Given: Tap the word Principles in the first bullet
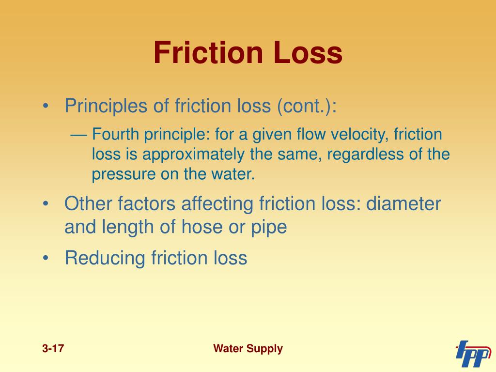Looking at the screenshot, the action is click(106, 106).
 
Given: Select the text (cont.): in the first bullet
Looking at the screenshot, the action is click(307, 106).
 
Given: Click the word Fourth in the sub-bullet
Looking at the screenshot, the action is click(115, 134).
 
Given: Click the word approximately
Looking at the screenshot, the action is click(193, 155).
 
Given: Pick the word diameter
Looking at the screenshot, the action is click(403, 203).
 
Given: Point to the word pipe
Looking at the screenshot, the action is click(269, 228).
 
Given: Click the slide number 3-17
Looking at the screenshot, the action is click(53, 349).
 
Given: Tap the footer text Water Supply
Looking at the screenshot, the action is click(248, 349).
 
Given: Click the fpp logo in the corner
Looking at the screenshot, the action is click(473, 354).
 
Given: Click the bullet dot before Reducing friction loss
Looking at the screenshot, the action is click(46, 258).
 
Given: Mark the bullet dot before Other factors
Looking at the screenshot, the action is click(46, 203).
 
